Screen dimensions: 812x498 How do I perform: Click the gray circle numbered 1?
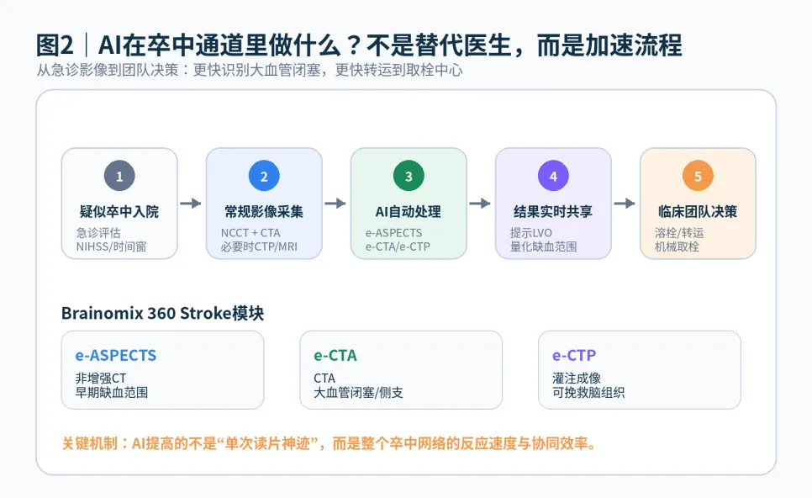[x=119, y=176]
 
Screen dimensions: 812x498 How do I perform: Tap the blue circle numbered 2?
[x=264, y=176]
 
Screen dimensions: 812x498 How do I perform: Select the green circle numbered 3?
[x=409, y=176]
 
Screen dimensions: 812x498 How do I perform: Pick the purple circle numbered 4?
[x=553, y=176]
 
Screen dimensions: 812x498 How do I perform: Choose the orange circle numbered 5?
[x=698, y=176]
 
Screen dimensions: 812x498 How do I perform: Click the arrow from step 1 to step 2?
[x=191, y=203]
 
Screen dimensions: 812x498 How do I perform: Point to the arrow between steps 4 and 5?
[x=625, y=203]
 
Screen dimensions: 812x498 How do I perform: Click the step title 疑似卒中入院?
[x=119, y=211]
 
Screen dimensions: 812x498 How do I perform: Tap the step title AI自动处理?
[x=408, y=211]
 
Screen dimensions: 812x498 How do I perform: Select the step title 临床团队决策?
[x=698, y=211]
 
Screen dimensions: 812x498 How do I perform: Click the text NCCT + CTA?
[x=250, y=233]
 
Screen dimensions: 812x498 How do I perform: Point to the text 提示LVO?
[x=531, y=233]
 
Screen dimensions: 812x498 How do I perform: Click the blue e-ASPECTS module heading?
[x=116, y=356]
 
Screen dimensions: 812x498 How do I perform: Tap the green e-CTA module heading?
[x=335, y=356]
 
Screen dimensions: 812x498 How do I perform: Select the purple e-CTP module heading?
[x=574, y=356]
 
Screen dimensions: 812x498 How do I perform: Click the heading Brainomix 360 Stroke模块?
[x=162, y=313]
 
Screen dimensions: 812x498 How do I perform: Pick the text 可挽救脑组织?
[x=588, y=392]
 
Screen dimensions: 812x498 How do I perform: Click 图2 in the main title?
[x=55, y=45]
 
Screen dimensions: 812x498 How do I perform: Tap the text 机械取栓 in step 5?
[x=677, y=246]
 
